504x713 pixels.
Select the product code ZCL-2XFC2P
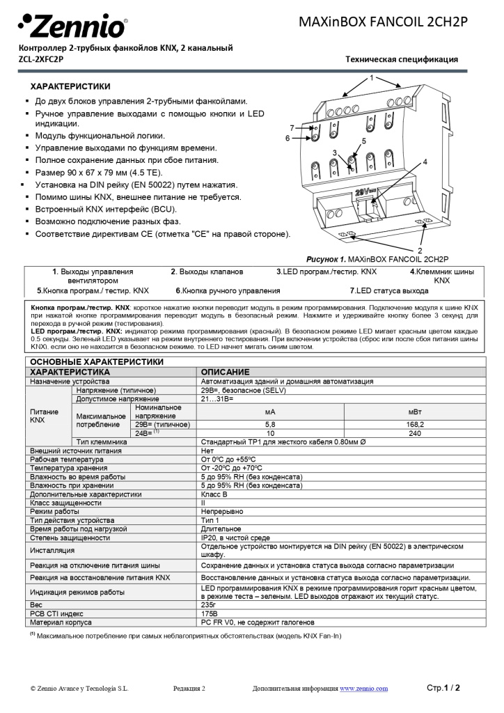pos(41,59)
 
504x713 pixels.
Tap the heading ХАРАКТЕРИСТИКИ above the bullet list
pos(70,86)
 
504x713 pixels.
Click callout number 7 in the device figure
pos(292,127)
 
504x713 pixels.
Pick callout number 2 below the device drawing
pos(420,250)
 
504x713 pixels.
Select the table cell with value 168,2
pos(415,423)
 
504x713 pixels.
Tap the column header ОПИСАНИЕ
pos(225,372)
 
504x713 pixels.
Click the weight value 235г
pos(208,605)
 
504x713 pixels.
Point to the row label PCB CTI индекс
pos(57,613)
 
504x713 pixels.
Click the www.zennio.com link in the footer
pos(363,689)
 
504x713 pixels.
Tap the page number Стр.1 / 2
pos(443,688)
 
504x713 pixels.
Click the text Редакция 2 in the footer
pos(189,689)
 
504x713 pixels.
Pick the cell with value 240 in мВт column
pos(415,432)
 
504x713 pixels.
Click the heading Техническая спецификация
pos(402,59)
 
